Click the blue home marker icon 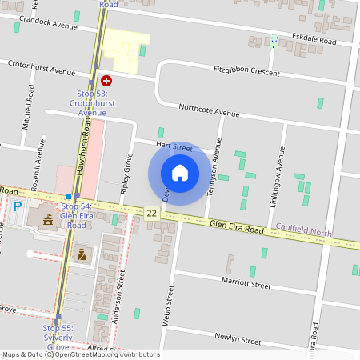pos(179,172)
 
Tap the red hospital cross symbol pos(106,81)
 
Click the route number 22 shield pos(152,212)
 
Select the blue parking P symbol pos(18,206)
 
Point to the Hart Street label pos(174,147)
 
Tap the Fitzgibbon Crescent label pos(246,71)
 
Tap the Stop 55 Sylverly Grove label pos(58,337)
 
